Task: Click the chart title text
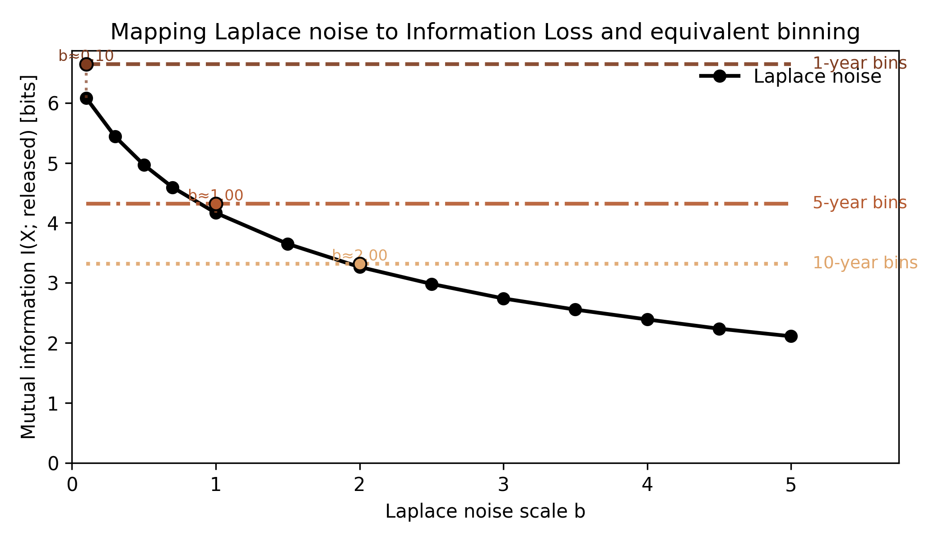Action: pyautogui.click(x=485, y=33)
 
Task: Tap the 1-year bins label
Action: pyautogui.click(x=859, y=63)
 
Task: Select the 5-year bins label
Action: pyautogui.click(x=859, y=203)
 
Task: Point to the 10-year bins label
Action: pyautogui.click(x=864, y=263)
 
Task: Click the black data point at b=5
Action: pyautogui.click(x=790, y=336)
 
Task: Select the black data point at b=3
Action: pyautogui.click(x=503, y=299)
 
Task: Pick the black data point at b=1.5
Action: pyautogui.click(x=288, y=244)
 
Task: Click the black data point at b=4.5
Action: pyautogui.click(x=719, y=329)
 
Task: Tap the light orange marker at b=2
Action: pyautogui.click(x=359, y=264)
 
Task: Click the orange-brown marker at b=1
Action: pyautogui.click(x=216, y=204)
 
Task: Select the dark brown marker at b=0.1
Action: pyautogui.click(x=86, y=64)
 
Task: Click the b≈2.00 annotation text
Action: pyautogui.click(x=359, y=256)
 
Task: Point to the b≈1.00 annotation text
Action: pyautogui.click(x=216, y=196)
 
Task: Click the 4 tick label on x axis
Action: pyautogui.click(x=647, y=485)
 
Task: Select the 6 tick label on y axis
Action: pyautogui.click(x=53, y=103)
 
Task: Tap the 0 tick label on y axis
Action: pyautogui.click(x=53, y=463)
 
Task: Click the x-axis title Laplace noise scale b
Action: pyautogui.click(x=485, y=512)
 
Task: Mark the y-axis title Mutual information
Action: pyautogui.click(x=28, y=257)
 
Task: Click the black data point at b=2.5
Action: pyautogui.click(x=432, y=284)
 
